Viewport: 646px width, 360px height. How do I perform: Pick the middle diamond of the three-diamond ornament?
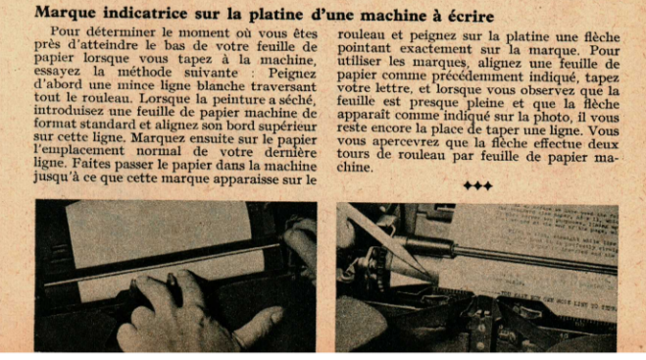point(478,185)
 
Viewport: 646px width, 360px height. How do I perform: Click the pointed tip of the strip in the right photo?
point(435,280)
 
